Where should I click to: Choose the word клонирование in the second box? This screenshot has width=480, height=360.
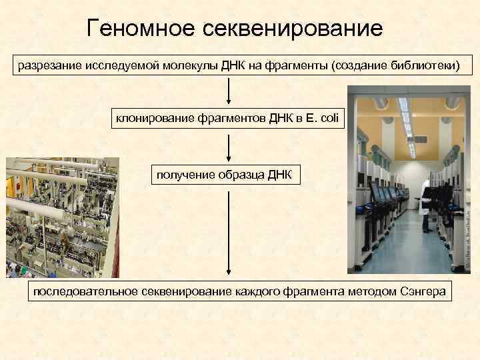click(x=156, y=119)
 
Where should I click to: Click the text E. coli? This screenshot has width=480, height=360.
click(x=323, y=119)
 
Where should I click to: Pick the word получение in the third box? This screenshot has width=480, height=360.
click(x=183, y=175)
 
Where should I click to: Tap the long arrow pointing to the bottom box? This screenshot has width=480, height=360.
click(x=229, y=233)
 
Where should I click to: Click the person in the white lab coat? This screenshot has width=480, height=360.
click(x=427, y=210)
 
